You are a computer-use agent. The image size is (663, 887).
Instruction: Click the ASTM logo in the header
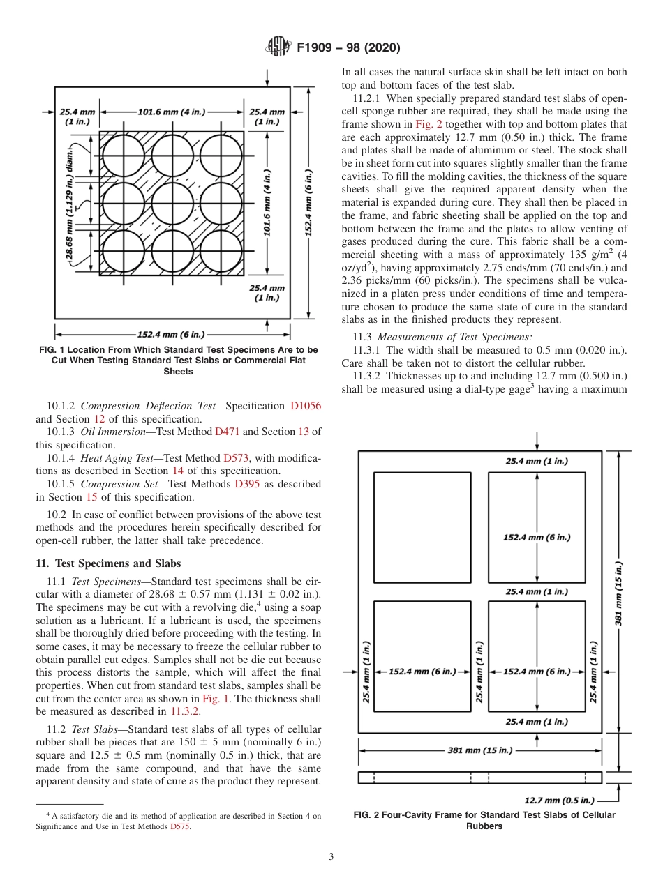click(278, 47)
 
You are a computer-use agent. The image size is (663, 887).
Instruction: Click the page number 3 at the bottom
click(331, 857)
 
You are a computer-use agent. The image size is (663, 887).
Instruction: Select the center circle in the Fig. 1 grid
click(172, 202)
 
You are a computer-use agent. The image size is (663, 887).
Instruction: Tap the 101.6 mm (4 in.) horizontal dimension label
click(172, 111)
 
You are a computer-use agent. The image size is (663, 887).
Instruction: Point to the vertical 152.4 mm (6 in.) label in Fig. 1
click(309, 202)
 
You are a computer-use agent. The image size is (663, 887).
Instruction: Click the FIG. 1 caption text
click(178, 360)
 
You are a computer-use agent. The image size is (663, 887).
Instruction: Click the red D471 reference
click(227, 432)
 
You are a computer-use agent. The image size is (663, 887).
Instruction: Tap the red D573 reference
click(235, 457)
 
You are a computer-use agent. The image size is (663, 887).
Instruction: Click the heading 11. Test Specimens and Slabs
click(108, 563)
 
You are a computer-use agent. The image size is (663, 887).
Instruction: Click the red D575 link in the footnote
click(179, 826)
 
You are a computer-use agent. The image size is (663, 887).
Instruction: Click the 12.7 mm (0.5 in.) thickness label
click(559, 800)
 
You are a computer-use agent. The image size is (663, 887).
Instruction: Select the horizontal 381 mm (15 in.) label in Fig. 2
click(479, 750)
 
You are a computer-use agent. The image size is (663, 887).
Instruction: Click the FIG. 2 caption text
click(484, 821)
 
